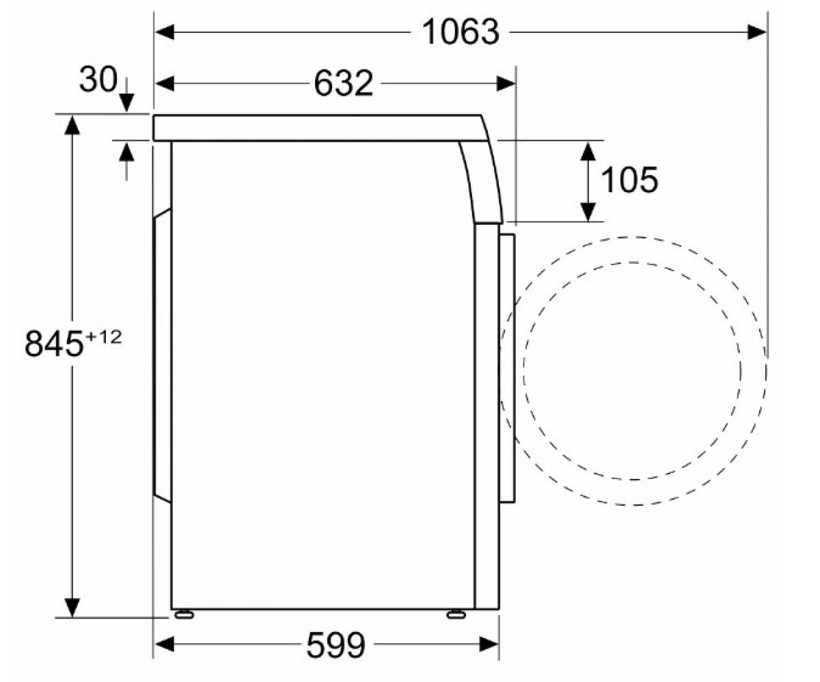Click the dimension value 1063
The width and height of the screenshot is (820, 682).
461,33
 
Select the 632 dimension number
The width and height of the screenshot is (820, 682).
343,83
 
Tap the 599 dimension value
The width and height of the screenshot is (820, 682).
336,644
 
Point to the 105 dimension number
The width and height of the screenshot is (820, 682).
629,180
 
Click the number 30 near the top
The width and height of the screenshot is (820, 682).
98,79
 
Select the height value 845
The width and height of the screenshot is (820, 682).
54,343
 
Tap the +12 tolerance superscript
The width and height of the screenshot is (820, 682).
104,337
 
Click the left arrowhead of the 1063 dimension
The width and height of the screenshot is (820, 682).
165,32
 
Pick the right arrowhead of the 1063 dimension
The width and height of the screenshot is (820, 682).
756,32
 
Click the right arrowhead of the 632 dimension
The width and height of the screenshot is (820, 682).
506,83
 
